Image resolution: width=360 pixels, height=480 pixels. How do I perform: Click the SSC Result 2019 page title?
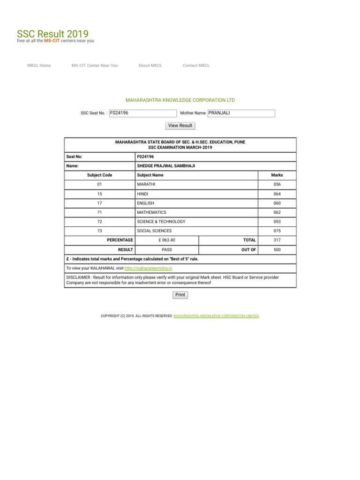point(52,34)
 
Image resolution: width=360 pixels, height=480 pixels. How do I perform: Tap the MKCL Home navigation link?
point(39,66)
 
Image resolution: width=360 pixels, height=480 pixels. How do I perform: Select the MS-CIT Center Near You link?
point(95,66)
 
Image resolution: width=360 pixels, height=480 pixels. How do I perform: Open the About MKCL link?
point(150,66)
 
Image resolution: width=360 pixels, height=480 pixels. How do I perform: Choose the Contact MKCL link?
point(196,66)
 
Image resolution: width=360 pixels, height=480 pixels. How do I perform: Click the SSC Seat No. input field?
point(142,113)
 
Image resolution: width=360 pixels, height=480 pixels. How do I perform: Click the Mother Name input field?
point(241,113)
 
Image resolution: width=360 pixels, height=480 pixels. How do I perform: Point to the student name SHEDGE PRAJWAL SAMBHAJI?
point(166,166)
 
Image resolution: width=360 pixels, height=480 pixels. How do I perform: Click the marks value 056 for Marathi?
point(277,185)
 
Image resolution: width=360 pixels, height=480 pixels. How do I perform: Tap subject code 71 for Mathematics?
point(99,212)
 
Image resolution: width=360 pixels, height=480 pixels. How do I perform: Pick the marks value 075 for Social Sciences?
point(277,231)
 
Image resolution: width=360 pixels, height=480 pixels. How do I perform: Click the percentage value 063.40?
point(167,240)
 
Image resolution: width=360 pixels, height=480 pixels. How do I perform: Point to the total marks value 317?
point(277,240)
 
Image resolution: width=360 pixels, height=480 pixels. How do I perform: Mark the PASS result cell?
point(167,250)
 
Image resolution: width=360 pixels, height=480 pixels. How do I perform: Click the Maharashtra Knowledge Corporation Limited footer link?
point(216,316)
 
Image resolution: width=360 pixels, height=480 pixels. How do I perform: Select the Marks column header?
point(277,175)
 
